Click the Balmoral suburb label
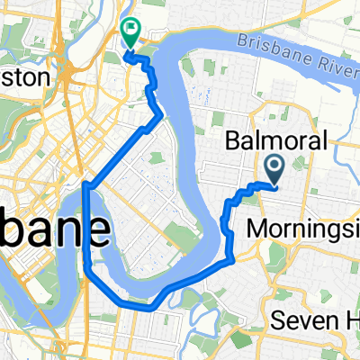(268, 139)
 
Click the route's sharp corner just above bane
(85, 185)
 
